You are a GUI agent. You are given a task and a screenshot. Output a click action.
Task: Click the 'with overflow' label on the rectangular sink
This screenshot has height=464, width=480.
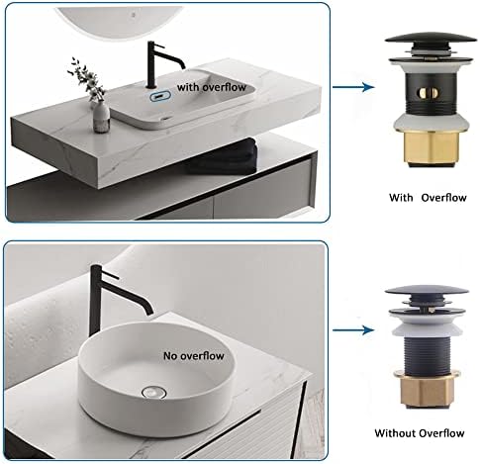pyautogui.click(x=212, y=87)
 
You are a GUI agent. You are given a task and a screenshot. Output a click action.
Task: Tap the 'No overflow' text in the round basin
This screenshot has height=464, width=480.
pyautogui.click(x=194, y=356)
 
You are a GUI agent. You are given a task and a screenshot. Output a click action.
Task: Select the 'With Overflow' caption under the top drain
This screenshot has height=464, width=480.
pyautogui.click(x=428, y=198)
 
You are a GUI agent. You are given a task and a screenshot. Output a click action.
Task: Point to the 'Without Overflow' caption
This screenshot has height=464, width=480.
pyautogui.click(x=420, y=432)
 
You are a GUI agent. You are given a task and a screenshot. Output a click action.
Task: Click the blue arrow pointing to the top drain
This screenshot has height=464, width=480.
pyautogui.click(x=353, y=87)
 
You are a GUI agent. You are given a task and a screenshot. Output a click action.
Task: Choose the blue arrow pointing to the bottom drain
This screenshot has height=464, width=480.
pyautogui.click(x=353, y=329)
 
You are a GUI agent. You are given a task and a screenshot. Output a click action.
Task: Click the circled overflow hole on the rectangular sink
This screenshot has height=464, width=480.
pyautogui.click(x=160, y=97)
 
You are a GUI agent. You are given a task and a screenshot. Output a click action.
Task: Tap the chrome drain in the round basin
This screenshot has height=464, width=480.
pyautogui.click(x=154, y=392)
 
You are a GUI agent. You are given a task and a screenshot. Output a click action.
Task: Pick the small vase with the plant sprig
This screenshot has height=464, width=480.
pyautogui.click(x=101, y=117)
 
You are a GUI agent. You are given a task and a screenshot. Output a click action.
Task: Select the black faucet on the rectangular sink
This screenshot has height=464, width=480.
pyautogui.click(x=161, y=65)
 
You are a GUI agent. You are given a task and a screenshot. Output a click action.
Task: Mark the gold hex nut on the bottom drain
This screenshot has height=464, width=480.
pyautogui.click(x=427, y=391)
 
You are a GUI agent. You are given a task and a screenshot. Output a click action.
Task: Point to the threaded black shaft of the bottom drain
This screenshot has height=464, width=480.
pyautogui.click(x=426, y=356)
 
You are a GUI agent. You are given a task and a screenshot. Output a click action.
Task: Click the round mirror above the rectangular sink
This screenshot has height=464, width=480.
pyautogui.click(x=119, y=19)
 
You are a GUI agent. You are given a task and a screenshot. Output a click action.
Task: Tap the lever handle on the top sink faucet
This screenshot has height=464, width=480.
pyautogui.click(x=159, y=46)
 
